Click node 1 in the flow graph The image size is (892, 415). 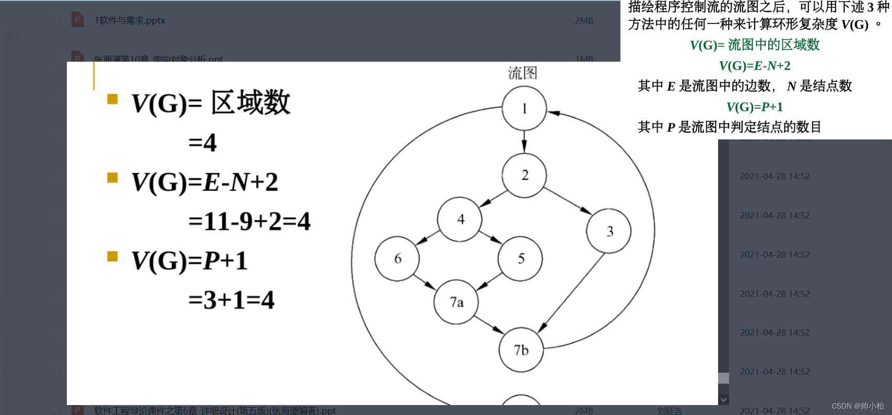pyautogui.click(x=524, y=108)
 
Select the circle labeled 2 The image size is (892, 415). pyautogui.click(x=524, y=175)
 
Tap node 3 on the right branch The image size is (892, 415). pyautogui.click(x=609, y=231)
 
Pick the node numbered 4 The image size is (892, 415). pyautogui.click(x=460, y=219)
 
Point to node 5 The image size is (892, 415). pyautogui.click(x=520, y=259)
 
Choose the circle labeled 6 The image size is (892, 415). pyautogui.click(x=397, y=259)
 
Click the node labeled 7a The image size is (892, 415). pyautogui.click(x=456, y=302)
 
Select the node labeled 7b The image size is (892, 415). pyautogui.click(x=521, y=350)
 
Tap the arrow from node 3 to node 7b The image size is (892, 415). pyautogui.click(x=571, y=292)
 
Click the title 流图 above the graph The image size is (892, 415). pyautogui.click(x=522, y=73)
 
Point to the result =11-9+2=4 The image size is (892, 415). pyautogui.click(x=249, y=221)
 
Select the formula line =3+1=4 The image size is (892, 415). pyautogui.click(x=231, y=300)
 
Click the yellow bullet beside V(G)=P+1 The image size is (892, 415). pyautogui.click(x=112, y=256)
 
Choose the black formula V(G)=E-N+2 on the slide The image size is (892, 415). pyautogui.click(x=205, y=182)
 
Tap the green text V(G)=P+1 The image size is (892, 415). pyautogui.click(x=755, y=107)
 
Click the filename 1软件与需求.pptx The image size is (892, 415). pyautogui.click(x=130, y=20)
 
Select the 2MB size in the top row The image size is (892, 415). pyautogui.click(x=584, y=20)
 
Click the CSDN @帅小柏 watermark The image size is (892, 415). pyautogui.click(x=858, y=406)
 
